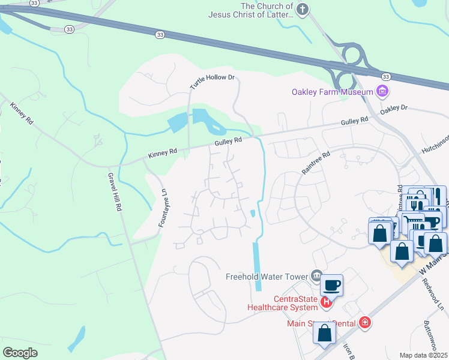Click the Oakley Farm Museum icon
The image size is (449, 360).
coord(382,92)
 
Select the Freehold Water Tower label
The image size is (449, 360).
coord(267,277)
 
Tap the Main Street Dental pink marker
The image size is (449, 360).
coord(364,323)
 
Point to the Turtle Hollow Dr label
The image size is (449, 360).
coord(212,82)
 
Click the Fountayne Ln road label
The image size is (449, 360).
coord(161,208)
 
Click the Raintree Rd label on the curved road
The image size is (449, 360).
coord(316,163)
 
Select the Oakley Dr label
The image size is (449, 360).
coord(394,109)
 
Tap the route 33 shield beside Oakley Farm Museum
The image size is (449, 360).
coord(386,76)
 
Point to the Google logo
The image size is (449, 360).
coord(20,352)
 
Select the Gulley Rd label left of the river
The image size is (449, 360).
coord(229,140)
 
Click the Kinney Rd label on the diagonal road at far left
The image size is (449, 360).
coord(20,113)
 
